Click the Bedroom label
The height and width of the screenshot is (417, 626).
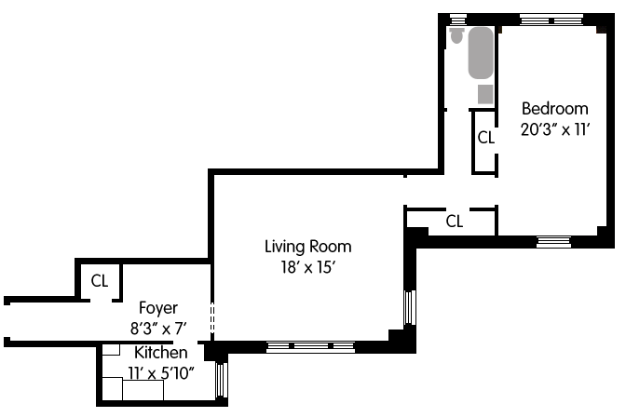[x=555, y=109]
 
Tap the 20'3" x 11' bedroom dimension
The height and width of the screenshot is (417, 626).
[x=555, y=129]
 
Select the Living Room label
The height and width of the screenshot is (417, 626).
[x=307, y=247]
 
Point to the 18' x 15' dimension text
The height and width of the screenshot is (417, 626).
[x=307, y=267]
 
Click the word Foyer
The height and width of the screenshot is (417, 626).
[x=158, y=308]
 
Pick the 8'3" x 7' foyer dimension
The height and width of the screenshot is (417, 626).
[x=158, y=329]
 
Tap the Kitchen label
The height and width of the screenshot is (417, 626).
[x=161, y=353]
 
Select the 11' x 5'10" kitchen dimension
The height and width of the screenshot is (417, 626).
[x=161, y=373]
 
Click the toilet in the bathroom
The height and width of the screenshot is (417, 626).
[x=456, y=35]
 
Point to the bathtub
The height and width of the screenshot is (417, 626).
[x=481, y=53]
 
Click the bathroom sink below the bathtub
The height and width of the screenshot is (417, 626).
[x=486, y=94]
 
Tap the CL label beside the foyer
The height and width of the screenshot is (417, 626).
[x=100, y=280]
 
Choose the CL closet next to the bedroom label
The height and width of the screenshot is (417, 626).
[x=486, y=137]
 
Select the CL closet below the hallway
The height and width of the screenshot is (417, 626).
[x=455, y=222]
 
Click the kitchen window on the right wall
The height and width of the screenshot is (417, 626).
[x=221, y=380]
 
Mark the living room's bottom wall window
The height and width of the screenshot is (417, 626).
[x=310, y=347]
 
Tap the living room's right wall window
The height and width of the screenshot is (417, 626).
[x=410, y=307]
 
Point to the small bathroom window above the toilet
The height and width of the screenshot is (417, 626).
[x=458, y=20]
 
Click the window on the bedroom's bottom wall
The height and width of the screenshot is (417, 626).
[x=553, y=242]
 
